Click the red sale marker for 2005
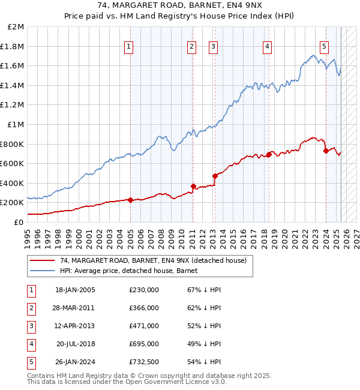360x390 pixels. pos(130,200)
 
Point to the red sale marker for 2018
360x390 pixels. pos(269,154)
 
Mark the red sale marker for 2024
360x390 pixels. pos(326,151)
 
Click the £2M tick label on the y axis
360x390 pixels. pos(16,27)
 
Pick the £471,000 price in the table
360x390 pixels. pos(144,326)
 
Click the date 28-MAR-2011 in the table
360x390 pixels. pos(75,308)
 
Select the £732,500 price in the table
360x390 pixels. pos(144,362)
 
